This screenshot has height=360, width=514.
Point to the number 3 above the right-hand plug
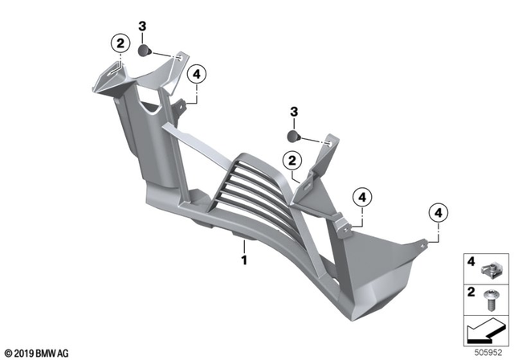[x=294, y=111]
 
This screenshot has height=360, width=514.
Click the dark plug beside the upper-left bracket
[x=144, y=51]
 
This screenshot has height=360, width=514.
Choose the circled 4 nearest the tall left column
[x=195, y=75]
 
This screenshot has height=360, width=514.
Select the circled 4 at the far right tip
[x=438, y=212]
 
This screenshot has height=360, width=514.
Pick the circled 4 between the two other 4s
[x=362, y=196]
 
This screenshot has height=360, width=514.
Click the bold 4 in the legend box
[x=472, y=261]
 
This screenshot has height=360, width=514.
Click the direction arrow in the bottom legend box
[x=485, y=329]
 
